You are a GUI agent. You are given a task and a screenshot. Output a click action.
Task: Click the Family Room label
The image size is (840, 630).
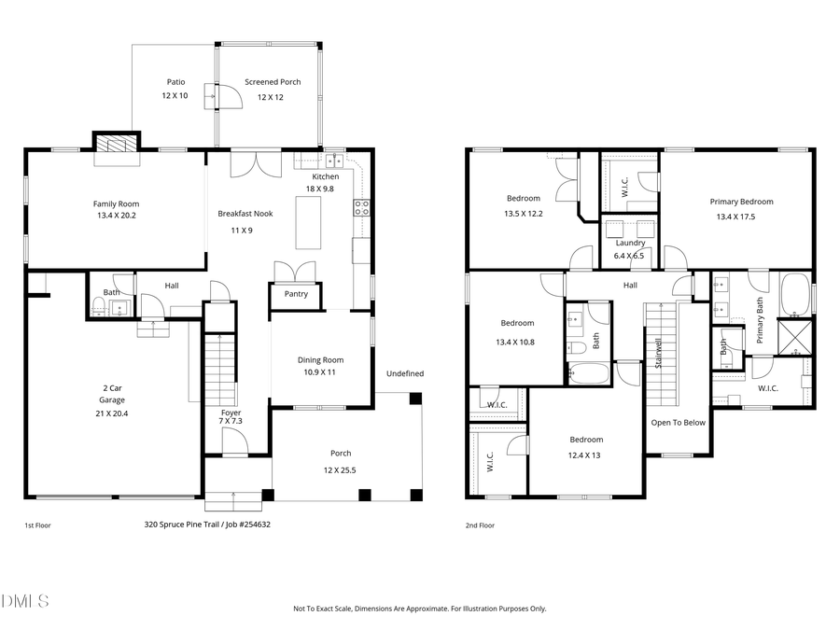point(116,203)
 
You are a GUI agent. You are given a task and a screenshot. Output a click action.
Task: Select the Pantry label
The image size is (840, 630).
point(294,294)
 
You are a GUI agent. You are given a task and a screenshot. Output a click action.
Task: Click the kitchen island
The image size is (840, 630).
point(309,223)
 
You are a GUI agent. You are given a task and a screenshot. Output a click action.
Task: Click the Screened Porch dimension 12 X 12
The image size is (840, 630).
point(270,97)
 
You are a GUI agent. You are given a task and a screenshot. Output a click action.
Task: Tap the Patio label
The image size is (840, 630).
point(175,82)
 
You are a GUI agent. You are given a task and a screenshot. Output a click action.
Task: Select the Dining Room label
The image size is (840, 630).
point(320,360)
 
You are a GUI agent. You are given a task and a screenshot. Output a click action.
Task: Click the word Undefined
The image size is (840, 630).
point(405,373)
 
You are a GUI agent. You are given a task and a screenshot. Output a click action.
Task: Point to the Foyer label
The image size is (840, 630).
point(231,413)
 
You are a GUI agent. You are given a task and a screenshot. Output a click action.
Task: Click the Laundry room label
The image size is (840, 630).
point(630,243)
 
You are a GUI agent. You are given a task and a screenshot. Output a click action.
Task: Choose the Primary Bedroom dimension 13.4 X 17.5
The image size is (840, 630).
point(741,217)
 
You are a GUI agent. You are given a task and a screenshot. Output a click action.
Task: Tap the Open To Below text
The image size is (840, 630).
point(679,422)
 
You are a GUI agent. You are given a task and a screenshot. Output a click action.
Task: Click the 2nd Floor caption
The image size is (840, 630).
point(480,525)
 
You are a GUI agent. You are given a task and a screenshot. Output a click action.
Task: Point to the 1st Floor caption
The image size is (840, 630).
point(38,525)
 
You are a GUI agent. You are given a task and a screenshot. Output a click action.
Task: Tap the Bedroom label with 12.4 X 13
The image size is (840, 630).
point(586,440)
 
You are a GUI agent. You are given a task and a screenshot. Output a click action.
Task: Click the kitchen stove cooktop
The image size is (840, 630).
point(361,208)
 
